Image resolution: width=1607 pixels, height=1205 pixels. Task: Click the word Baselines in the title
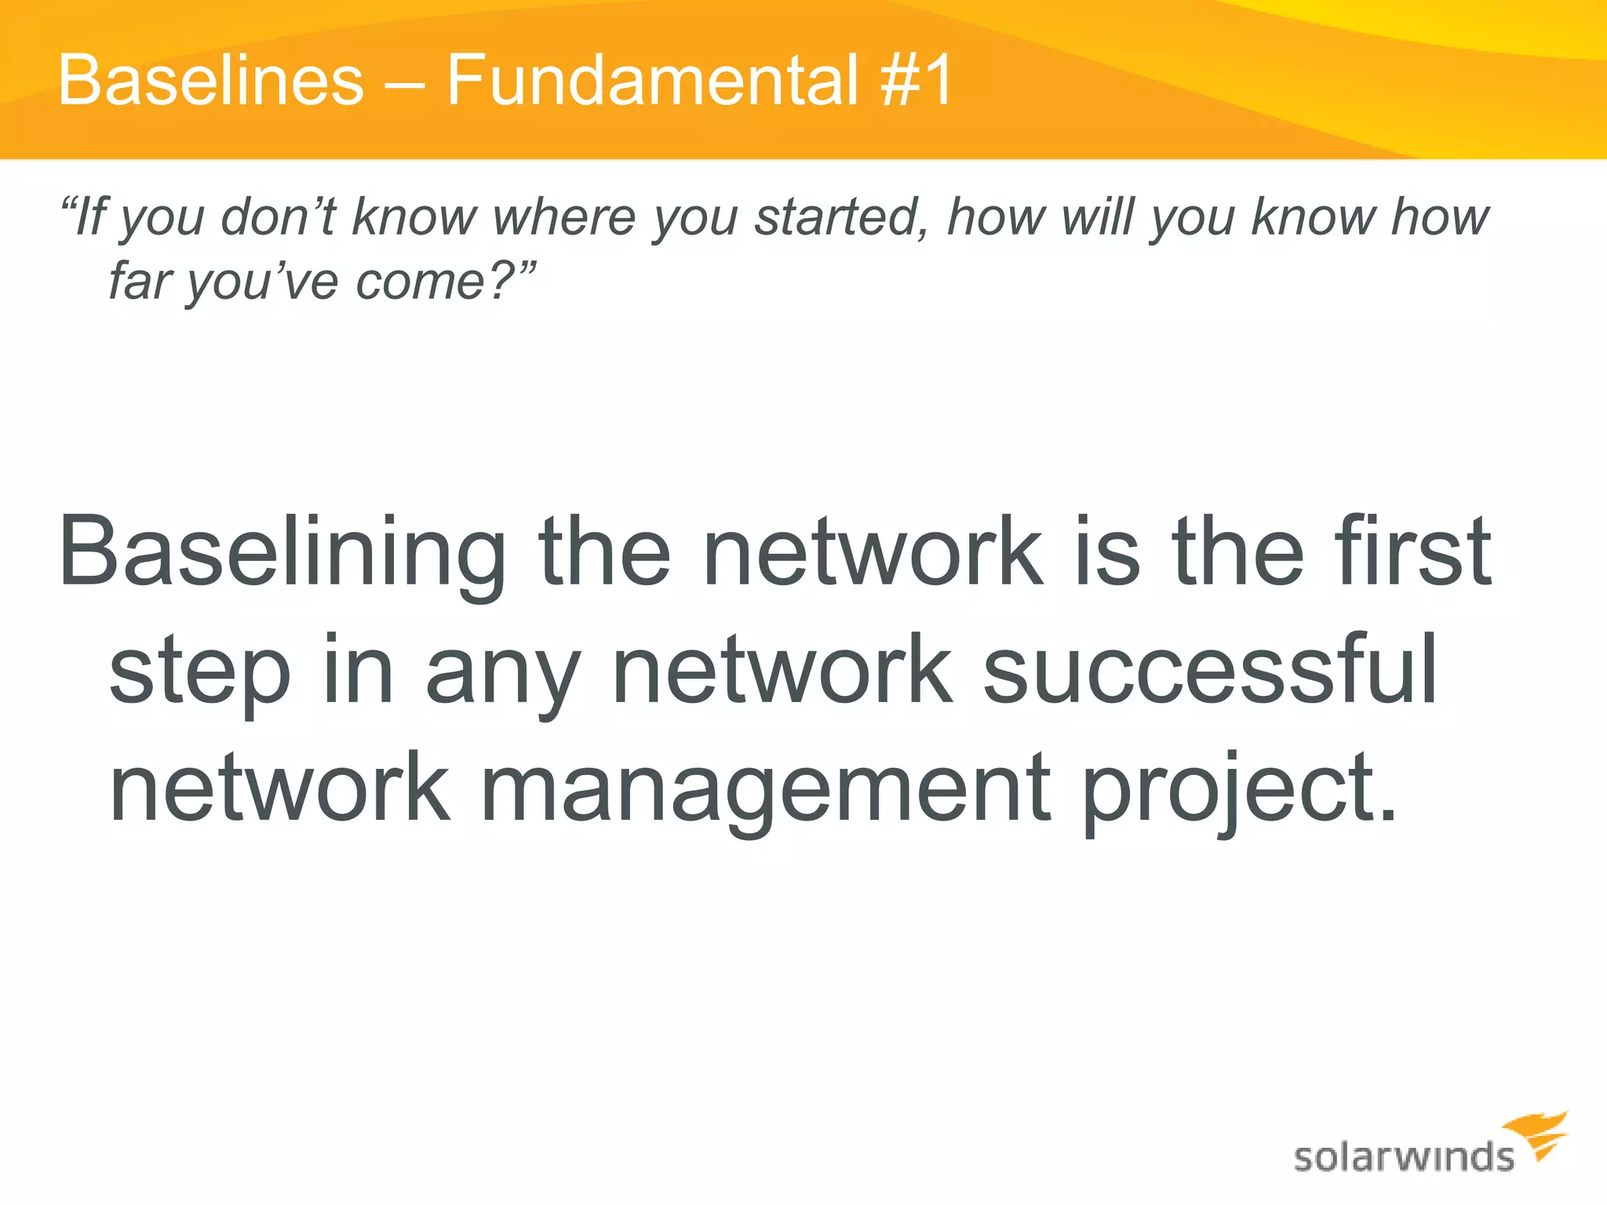pyautogui.click(x=211, y=80)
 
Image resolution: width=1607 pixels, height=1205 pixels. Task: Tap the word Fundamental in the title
pyautogui.click(x=653, y=80)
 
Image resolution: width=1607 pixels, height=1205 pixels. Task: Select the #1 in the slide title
pyautogui.click(x=916, y=80)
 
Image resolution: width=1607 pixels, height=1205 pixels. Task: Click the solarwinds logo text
pyautogui.click(x=1403, y=1157)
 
